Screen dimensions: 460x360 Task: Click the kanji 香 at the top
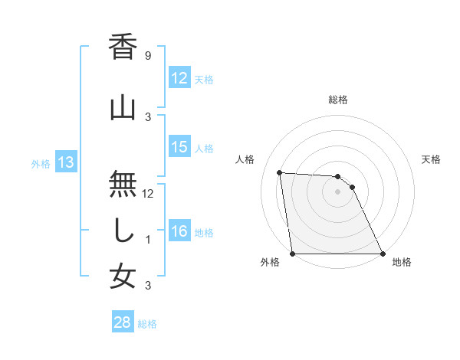[123, 48]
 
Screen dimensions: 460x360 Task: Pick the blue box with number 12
[179, 78]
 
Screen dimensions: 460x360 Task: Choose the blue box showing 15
[179, 147]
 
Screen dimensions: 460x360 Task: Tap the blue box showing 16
[179, 231]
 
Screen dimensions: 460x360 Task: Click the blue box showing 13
[65, 162]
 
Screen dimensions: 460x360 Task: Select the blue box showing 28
[123, 322]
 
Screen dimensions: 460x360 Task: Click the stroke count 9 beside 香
[147, 56]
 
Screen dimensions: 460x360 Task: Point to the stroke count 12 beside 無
[149, 194]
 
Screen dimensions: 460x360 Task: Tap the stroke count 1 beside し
[147, 240]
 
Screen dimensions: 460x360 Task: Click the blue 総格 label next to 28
[147, 323]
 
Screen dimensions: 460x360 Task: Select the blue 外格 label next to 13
[40, 163]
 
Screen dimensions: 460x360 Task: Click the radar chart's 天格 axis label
[431, 159]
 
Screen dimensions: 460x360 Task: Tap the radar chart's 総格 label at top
[338, 100]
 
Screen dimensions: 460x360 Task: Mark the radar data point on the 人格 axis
[280, 172]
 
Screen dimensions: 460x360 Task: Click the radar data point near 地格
[382, 253]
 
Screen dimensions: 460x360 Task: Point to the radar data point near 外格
[293, 253]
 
